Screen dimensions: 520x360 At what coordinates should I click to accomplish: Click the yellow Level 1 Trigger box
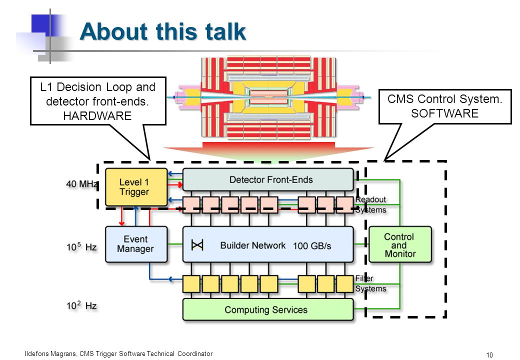pos(136,187)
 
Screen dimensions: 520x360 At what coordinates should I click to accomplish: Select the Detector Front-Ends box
pos(268,179)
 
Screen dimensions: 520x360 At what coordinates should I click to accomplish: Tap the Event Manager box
pos(136,244)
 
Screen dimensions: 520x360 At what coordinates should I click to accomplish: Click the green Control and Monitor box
pos(400,244)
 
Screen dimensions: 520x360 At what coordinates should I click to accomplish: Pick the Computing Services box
pos(268,309)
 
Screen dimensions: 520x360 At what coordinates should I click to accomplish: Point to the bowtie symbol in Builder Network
pos(197,245)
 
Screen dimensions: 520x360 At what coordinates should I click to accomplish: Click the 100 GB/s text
pos(312,246)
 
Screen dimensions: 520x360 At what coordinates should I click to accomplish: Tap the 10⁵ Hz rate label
pos(81,246)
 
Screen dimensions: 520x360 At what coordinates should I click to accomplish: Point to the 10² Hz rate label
pos(81,305)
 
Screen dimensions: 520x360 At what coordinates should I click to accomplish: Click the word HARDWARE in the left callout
pos(97,116)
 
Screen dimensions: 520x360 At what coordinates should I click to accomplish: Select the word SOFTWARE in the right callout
pos(444,113)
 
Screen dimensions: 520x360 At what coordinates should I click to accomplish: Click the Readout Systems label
pos(371,204)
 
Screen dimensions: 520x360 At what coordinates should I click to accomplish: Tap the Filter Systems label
pos(371,283)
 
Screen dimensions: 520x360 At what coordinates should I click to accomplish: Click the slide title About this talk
pos(163,31)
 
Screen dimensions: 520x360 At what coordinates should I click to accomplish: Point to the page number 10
pos(489,355)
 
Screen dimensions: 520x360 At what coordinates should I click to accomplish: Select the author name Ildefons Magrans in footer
pos(50,353)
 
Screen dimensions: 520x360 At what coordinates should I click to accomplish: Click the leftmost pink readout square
pos(191,204)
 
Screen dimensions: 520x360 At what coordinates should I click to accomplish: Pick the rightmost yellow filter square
pos(345,284)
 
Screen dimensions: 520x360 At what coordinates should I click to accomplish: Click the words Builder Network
pos(252,245)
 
